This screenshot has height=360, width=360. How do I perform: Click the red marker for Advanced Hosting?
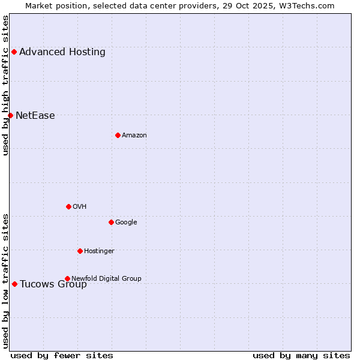[14, 52]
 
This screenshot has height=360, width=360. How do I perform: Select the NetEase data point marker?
[10, 115]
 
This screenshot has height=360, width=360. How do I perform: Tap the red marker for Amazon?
[118, 135]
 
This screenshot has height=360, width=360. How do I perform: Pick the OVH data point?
[68, 206]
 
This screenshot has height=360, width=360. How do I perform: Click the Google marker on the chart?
[111, 222]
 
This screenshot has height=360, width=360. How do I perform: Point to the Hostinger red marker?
[80, 251]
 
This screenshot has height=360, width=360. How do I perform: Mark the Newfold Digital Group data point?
[67, 278]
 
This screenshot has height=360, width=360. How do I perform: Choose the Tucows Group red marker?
[14, 284]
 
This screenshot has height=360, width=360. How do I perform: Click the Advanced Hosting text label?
[62, 52]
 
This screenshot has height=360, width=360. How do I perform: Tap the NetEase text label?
[35, 116]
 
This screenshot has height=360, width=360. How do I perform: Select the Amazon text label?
[134, 136]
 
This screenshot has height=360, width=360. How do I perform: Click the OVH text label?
[80, 207]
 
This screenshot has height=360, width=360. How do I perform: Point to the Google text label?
[126, 223]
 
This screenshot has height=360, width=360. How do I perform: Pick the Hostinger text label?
[99, 251]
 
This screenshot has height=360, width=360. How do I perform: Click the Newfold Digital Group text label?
[106, 278]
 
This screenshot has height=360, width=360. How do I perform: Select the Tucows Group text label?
[53, 284]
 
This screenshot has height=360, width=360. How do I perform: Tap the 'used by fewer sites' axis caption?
[62, 355]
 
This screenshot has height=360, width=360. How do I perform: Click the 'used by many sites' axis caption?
[301, 355]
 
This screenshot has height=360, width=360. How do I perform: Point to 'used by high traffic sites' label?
[6, 85]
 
